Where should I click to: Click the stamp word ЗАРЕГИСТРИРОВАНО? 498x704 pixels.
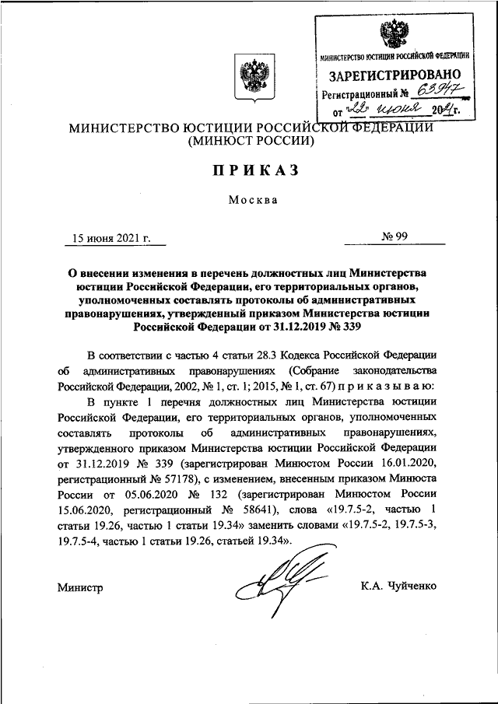395,75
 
